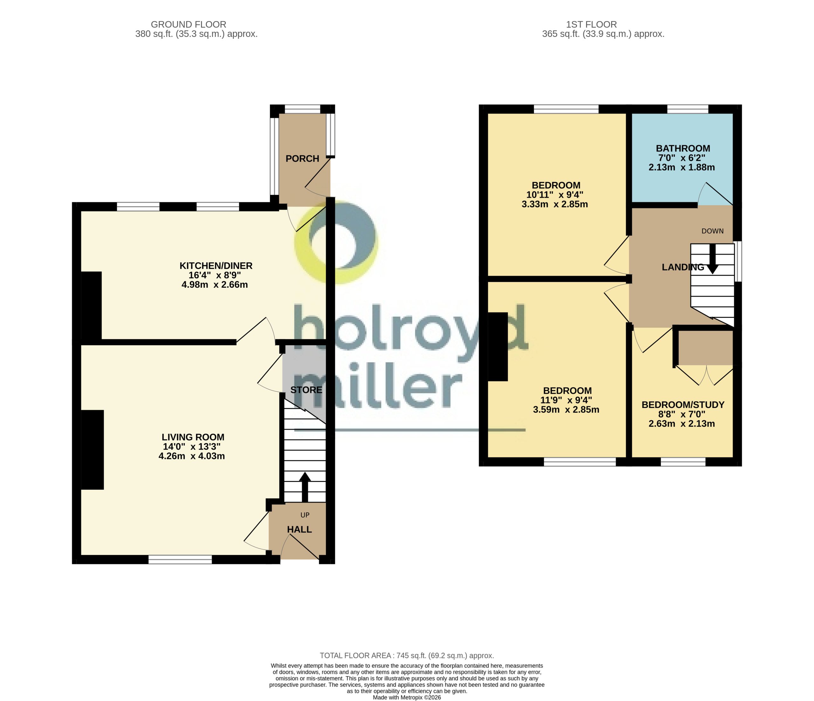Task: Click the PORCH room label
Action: tap(302, 159)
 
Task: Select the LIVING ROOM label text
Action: tap(193, 437)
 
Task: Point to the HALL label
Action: tap(299, 529)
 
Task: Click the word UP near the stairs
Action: tap(305, 515)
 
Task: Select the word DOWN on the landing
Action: tap(712, 231)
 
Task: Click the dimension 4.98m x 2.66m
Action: tap(215, 284)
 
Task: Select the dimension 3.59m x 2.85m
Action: tap(566, 409)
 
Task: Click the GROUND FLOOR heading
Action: tap(189, 24)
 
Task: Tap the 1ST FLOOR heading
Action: tap(592, 24)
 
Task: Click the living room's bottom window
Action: tap(180, 560)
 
